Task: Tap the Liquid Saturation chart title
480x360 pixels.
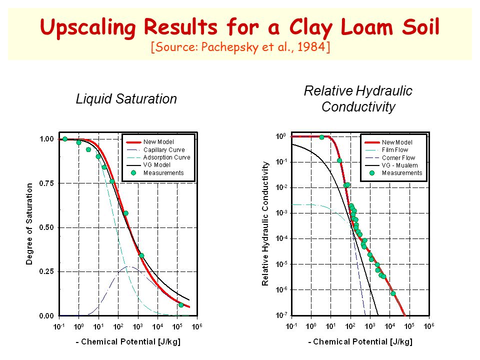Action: pos(126,99)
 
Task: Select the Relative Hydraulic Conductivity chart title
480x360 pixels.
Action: pos(358,99)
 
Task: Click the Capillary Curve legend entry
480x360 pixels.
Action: pos(164,149)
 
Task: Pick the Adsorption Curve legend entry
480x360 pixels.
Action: pos(167,157)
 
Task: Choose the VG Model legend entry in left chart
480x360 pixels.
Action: pos(157,165)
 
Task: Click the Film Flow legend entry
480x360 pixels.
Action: pos(395,150)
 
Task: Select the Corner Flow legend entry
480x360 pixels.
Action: pos(398,157)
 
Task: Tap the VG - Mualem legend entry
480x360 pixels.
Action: pos(400,165)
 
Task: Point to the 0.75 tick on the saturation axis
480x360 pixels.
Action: pos(46,183)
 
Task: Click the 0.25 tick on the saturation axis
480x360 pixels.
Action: pos(46,271)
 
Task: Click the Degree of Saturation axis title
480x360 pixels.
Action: pos(29,224)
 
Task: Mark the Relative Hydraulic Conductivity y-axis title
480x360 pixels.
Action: pos(265,224)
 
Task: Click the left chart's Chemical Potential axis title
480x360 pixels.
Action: pos(128,341)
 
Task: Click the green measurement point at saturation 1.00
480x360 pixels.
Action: pos(65,139)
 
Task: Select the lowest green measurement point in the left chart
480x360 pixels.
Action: pos(181,305)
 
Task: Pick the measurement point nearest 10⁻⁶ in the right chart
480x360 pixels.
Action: pos(393,293)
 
